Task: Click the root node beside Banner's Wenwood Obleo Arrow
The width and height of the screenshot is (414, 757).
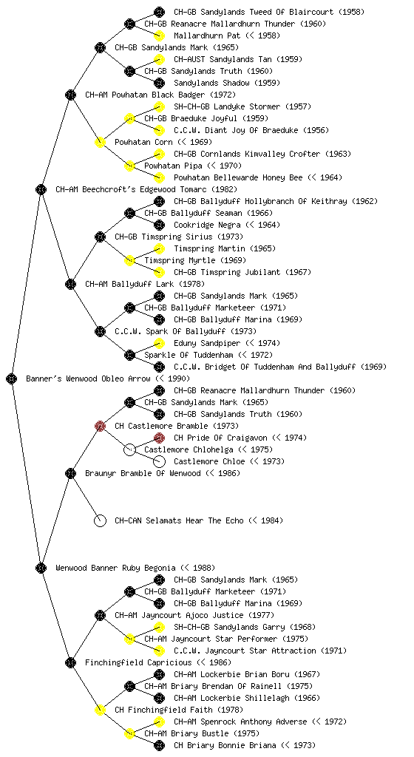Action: pyautogui.click(x=12, y=378)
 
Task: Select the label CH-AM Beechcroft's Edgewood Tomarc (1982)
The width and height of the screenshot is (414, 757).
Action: pyautogui.click(x=146, y=189)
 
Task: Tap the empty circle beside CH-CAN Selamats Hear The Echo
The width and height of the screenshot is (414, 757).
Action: pyautogui.click(x=100, y=520)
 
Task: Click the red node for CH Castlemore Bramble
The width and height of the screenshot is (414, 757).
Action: pyautogui.click(x=100, y=426)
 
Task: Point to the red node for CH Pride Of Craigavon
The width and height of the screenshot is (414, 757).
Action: pyautogui.click(x=159, y=438)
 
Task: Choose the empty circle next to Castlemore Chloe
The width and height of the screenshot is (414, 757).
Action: pyautogui.click(x=159, y=461)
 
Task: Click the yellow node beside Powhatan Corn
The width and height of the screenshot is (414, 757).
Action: pyautogui.click(x=100, y=142)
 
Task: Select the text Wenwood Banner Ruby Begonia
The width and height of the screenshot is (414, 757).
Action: pyautogui.click(x=115, y=568)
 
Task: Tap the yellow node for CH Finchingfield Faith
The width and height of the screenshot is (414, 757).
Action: pyautogui.click(x=100, y=710)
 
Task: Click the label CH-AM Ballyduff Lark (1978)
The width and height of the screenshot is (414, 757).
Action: pyautogui.click(x=145, y=284)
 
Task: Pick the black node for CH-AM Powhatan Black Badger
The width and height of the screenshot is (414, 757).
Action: pyautogui.click(x=70, y=95)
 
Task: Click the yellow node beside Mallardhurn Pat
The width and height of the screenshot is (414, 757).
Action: pyautogui.click(x=159, y=35)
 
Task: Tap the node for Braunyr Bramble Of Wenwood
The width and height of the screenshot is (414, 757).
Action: pyautogui.click(x=70, y=473)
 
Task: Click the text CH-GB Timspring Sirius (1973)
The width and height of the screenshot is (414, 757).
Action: pyautogui.click(x=178, y=237)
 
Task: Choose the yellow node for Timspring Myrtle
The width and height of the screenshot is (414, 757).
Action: pyautogui.click(x=129, y=260)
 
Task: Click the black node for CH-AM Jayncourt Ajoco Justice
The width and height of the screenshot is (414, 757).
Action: pyautogui.click(x=100, y=615)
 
